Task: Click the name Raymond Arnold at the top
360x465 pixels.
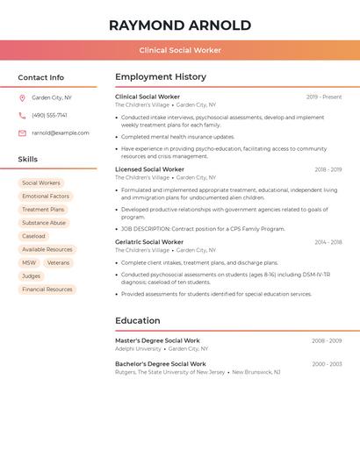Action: click(180, 25)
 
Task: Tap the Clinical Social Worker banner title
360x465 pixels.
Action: click(180, 51)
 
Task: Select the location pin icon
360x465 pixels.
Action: click(22, 97)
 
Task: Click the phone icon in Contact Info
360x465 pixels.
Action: click(22, 115)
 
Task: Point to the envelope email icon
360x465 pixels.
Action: click(22, 133)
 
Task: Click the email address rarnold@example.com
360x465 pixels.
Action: click(61, 133)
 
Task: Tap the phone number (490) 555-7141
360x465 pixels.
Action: click(49, 115)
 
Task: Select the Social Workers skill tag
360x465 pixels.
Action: click(41, 183)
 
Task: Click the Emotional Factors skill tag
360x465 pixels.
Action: click(46, 197)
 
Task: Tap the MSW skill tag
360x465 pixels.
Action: click(29, 262)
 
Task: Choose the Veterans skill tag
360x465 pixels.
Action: click(58, 262)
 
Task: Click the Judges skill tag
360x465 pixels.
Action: click(32, 275)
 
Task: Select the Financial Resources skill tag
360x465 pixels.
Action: click(47, 290)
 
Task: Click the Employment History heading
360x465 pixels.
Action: click(161, 77)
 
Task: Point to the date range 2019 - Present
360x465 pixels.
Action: click(324, 97)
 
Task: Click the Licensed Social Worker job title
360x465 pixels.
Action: click(149, 169)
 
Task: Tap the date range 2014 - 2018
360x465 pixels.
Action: click(328, 242)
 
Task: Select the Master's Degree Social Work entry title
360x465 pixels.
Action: click(157, 340)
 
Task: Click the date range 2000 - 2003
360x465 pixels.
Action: click(327, 363)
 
